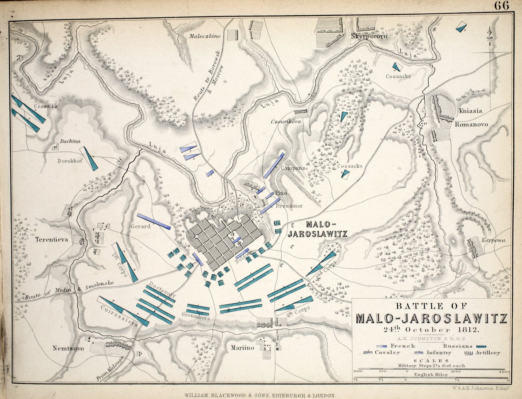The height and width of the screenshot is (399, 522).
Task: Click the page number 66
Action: pyautogui.click(x=501, y=7)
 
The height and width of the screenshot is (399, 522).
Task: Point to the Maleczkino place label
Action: pyautogui.click(x=205, y=36)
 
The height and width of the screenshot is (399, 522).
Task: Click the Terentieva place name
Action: pyautogui.click(x=51, y=239)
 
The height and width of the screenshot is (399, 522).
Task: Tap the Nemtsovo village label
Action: pyautogui.click(x=68, y=348)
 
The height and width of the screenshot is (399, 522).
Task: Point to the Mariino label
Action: pyautogui.click(x=242, y=348)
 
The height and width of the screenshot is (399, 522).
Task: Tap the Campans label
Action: pyautogui.click(x=293, y=168)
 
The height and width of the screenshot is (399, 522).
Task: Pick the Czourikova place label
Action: pyautogui.click(x=285, y=122)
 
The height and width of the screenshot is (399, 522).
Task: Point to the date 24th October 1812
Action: pyautogui.click(x=430, y=330)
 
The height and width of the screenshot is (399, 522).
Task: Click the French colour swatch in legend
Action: pyautogui.click(x=386, y=345)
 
